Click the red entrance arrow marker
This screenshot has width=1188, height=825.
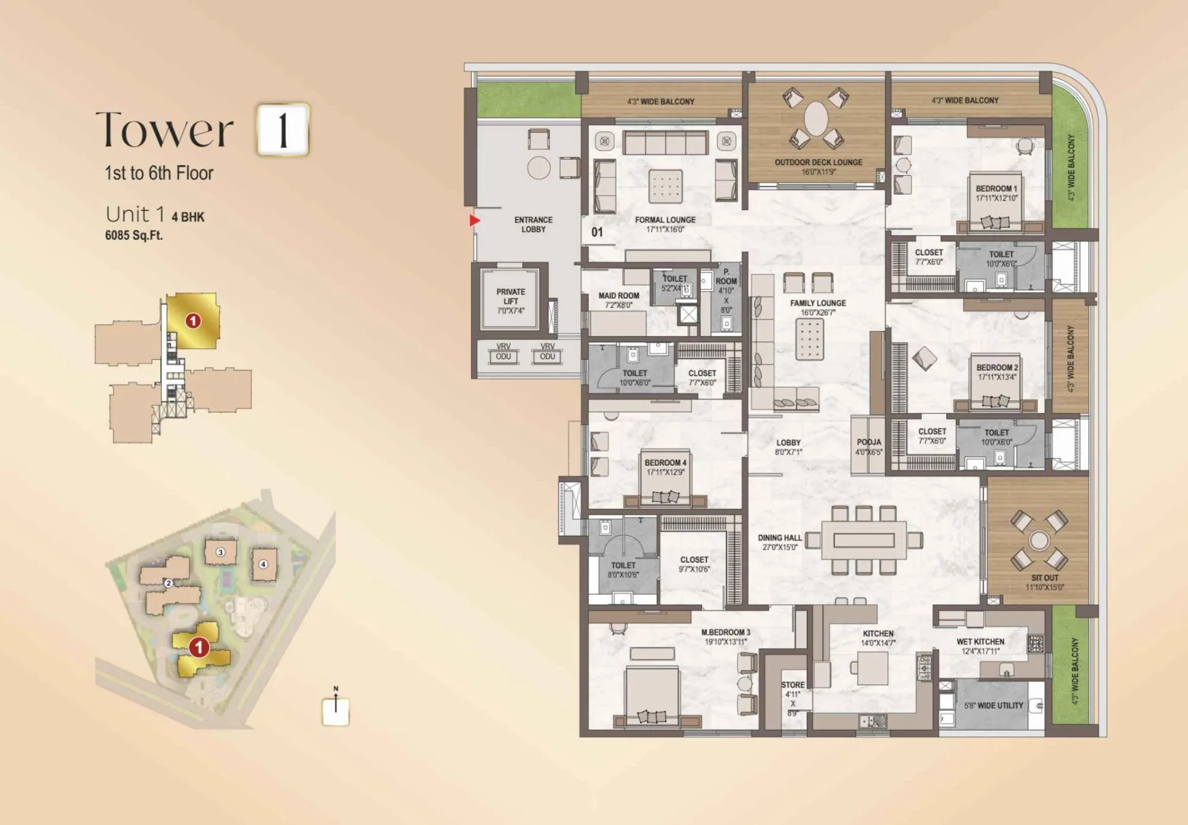pyautogui.click(x=474, y=220)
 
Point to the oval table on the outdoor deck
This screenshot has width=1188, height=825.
pyautogui.click(x=816, y=118)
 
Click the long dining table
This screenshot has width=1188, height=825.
pyautogui.click(x=864, y=540)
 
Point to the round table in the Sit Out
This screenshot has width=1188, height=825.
pyautogui.click(x=1039, y=540)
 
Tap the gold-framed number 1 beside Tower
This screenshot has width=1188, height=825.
pyautogui.click(x=283, y=129)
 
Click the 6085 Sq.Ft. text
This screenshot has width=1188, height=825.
pyautogui.click(x=134, y=235)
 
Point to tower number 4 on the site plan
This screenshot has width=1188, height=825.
pyautogui.click(x=263, y=564)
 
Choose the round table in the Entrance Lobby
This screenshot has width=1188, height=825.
pyautogui.click(x=539, y=167)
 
